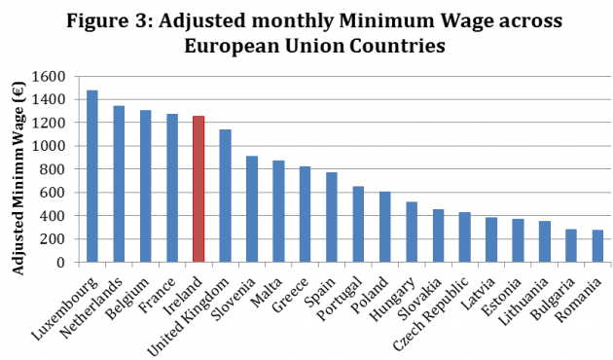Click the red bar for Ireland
coord(198,189)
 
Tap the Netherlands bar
coord(119,184)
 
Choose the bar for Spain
coord(331,217)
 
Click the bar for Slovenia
coord(252,209)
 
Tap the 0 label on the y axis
coord(63,262)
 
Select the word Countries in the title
coord(391,46)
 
